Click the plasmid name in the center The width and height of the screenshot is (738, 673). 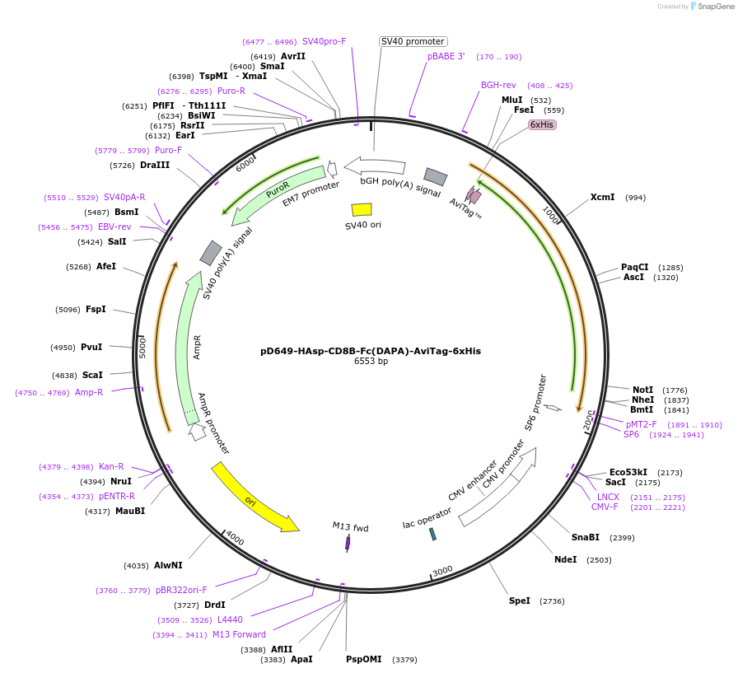point(371,350)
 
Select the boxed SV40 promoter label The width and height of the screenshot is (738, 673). point(413,41)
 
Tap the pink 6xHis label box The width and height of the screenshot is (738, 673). point(542,124)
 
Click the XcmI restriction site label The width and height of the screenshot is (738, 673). point(602,198)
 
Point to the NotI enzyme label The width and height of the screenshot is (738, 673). point(642,390)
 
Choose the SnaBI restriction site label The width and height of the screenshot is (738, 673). point(586,537)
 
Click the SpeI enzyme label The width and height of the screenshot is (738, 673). point(519,601)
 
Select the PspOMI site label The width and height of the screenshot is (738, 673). point(364,659)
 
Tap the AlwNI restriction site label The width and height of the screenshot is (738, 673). point(168,565)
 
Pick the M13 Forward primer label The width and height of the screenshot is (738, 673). point(239,634)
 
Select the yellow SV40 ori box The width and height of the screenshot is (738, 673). point(362,210)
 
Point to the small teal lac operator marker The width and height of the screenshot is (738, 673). point(432,534)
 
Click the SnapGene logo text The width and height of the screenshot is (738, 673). point(713,7)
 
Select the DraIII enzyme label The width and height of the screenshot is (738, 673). point(155,166)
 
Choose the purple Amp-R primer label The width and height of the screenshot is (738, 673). point(89,392)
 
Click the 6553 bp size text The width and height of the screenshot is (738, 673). point(371,361)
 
